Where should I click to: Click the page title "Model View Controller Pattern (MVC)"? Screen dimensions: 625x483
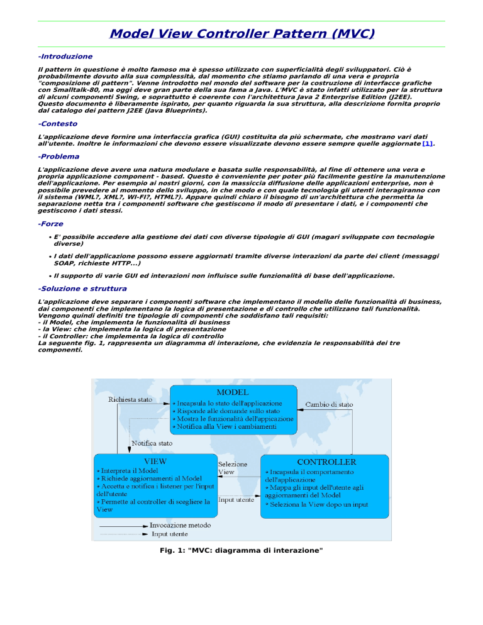[x=241, y=33]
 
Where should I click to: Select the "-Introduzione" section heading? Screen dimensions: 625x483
[x=65, y=57]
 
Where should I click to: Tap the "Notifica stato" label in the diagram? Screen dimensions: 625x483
[x=152, y=444]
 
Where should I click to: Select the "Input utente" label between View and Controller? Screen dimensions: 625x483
[x=236, y=500]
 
